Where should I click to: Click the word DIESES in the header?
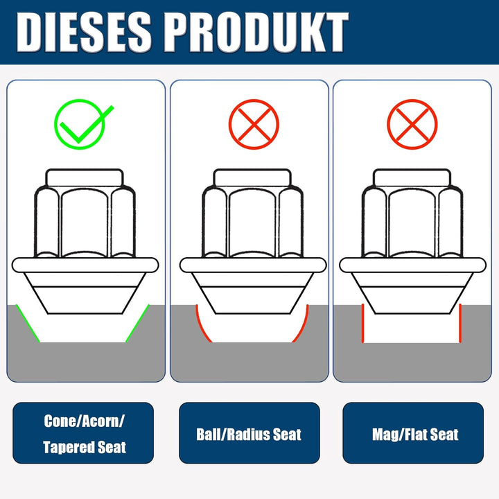84,32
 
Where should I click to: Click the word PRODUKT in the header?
256,32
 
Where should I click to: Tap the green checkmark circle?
80,124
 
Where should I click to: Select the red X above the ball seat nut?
254,124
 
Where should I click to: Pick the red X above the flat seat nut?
412,124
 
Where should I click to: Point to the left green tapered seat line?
28,324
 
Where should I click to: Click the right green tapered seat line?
137,324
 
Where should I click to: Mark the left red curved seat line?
202,326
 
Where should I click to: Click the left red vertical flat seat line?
362,324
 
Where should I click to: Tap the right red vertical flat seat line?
460,324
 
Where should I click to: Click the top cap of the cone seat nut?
85,177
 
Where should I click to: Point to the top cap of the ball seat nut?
252,177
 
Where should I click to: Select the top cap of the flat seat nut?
412,177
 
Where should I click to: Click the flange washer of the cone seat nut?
85,265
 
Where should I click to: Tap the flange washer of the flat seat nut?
413,265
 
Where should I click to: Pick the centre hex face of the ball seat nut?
252,222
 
